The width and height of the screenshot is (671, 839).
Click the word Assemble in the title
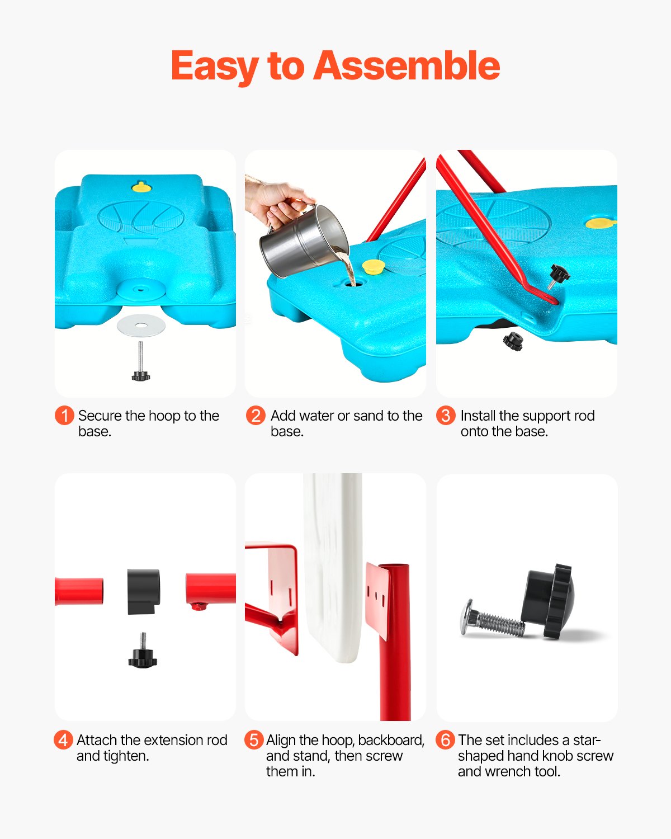(x=407, y=66)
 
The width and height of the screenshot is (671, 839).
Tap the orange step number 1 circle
(x=64, y=416)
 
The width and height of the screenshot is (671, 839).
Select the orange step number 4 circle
(x=63, y=740)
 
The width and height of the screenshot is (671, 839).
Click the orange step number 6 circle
(x=445, y=740)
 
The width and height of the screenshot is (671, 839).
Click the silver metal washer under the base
(x=141, y=325)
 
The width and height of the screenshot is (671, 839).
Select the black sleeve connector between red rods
(x=144, y=592)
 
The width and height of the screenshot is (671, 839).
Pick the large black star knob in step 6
(x=549, y=601)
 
